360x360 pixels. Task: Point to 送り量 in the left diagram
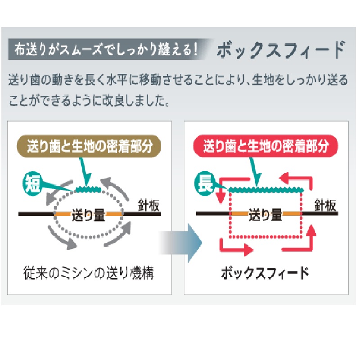[x=89, y=215]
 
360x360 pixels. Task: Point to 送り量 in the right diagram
[x=265, y=215]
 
